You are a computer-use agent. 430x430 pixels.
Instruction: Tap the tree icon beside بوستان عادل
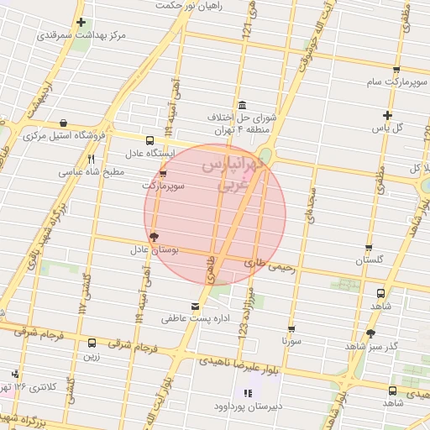153,238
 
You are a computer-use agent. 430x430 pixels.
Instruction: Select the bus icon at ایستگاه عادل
149,141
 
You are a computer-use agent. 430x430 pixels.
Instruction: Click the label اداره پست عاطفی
196,319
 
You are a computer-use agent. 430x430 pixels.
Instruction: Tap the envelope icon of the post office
196,307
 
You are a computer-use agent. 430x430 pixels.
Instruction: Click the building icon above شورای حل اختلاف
243,105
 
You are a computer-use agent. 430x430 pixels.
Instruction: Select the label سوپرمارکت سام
396,82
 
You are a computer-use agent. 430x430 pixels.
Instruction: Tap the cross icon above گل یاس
387,115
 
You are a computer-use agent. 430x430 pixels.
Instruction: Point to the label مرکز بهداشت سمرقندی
81,36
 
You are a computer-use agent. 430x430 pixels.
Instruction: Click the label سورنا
291,342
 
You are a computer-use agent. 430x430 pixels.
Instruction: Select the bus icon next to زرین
91,343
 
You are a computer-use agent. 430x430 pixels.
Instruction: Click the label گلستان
369,260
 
